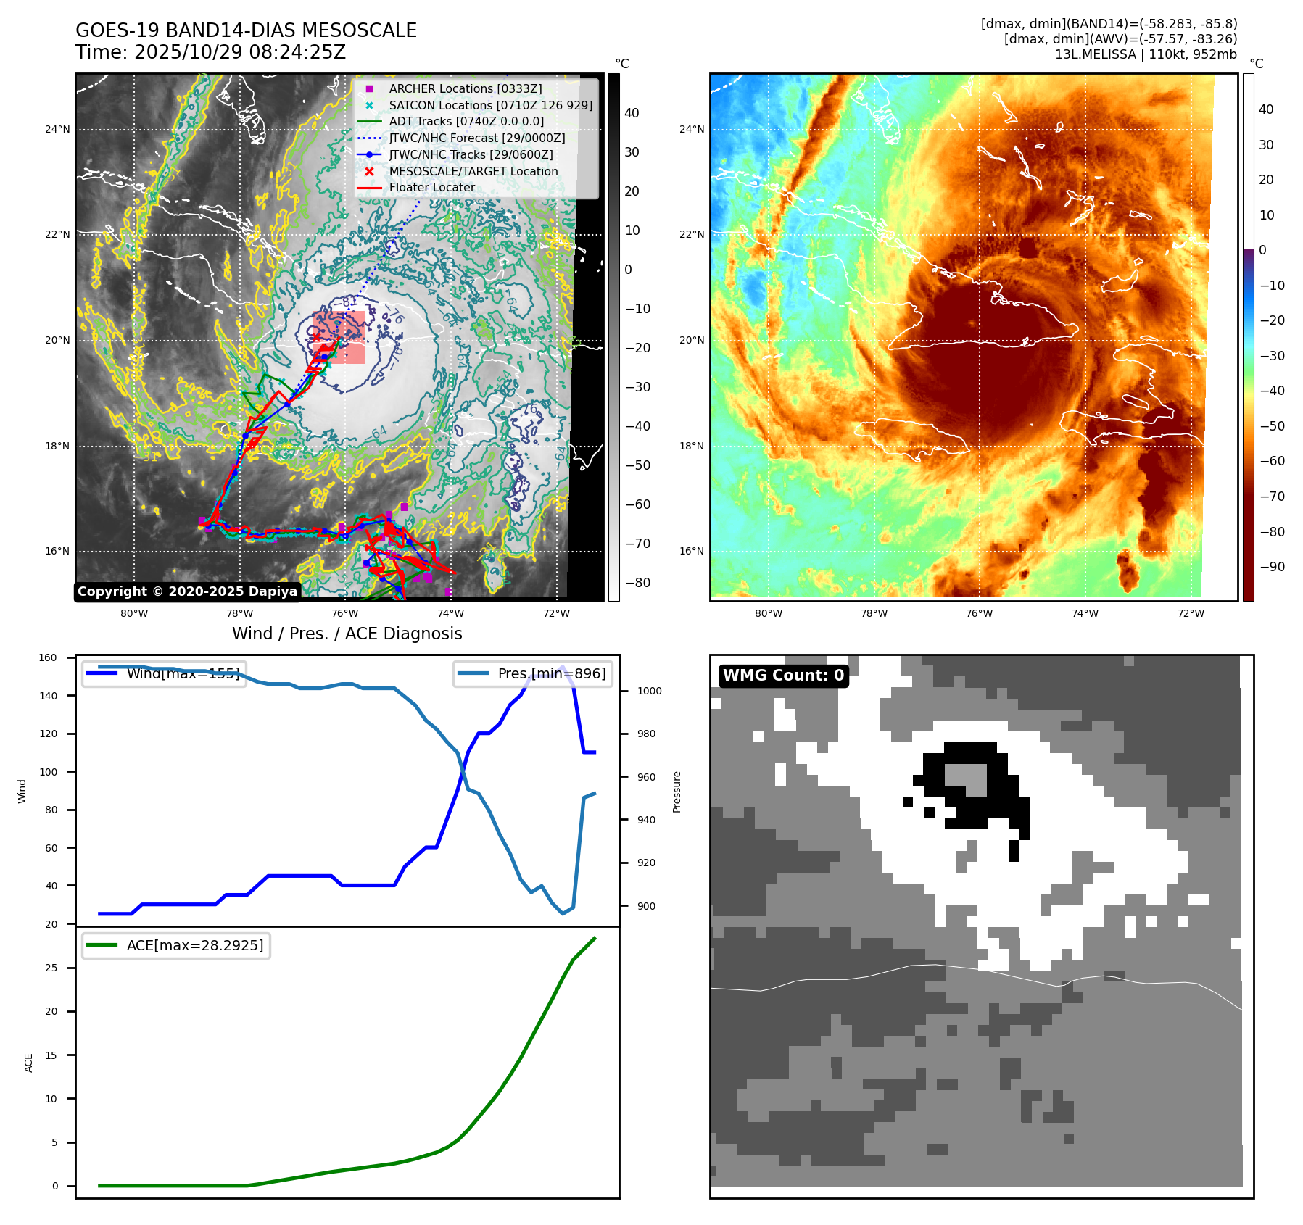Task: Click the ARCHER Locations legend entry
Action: pyautogui.click(x=465, y=88)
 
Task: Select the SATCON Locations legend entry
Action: pyautogui.click(x=490, y=105)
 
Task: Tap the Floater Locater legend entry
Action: pyautogui.click(x=431, y=187)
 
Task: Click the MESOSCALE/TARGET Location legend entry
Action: pyautogui.click(x=473, y=171)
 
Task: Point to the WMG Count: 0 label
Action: pyautogui.click(x=783, y=676)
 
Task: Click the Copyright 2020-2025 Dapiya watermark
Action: pyautogui.click(x=187, y=591)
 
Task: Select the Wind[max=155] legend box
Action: pyautogui.click(x=164, y=673)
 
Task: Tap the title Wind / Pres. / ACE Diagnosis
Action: pyautogui.click(x=347, y=634)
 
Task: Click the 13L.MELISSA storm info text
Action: pyautogui.click(x=1146, y=54)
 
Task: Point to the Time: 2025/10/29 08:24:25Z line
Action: pyautogui.click(x=210, y=52)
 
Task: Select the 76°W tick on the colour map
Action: pyautogui.click(x=979, y=613)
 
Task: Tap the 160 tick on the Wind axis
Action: pyautogui.click(x=48, y=658)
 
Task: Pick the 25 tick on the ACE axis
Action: pyautogui.click(x=51, y=968)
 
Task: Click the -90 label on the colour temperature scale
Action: pyautogui.click(x=1272, y=567)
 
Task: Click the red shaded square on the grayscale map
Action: pyautogui.click(x=339, y=337)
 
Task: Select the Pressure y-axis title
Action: pyautogui.click(x=677, y=792)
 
